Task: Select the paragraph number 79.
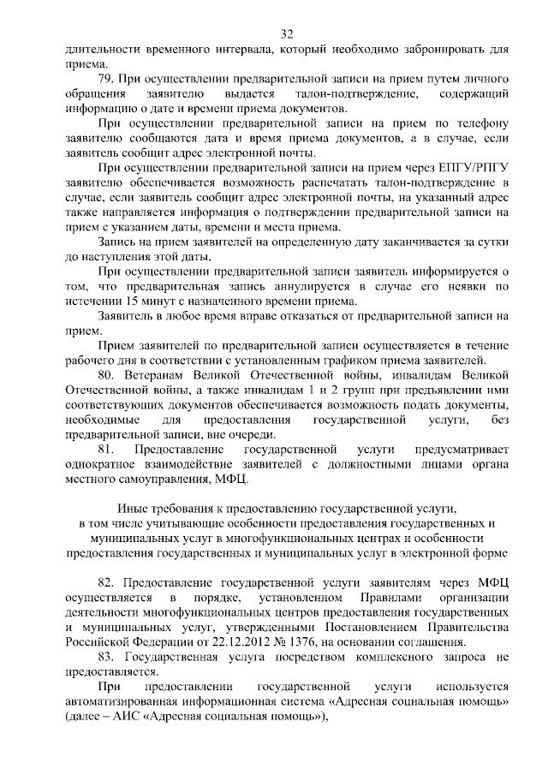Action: click(107, 79)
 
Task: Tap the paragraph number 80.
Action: click(107, 375)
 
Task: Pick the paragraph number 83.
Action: click(107, 657)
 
